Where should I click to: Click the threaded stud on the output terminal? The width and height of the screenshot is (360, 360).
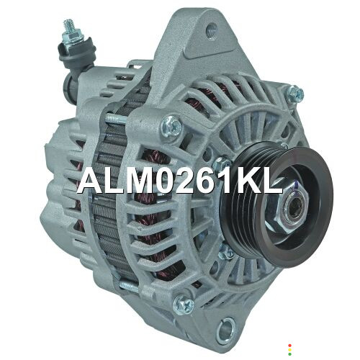tap(68, 25)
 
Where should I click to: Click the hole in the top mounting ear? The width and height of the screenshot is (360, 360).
tap(211, 30)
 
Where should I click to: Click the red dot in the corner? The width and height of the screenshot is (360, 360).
tap(290, 346)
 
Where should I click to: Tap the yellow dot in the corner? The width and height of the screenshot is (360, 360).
tap(290, 350)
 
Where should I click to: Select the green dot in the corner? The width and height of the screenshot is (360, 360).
tap(290, 354)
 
